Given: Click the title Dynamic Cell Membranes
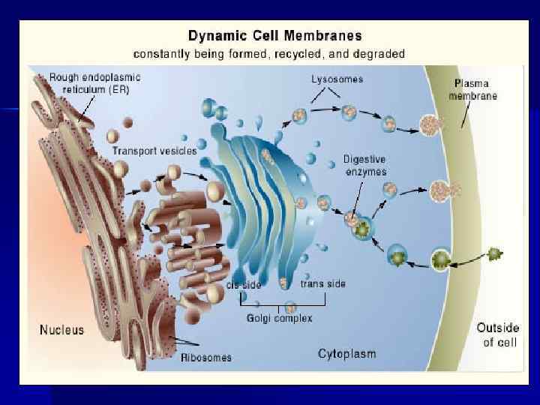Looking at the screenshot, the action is (274, 36).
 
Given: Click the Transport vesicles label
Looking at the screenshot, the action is (154, 151).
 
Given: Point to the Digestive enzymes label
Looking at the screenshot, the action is (365, 165).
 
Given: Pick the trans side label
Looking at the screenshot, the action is (323, 283).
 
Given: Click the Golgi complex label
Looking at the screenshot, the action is (280, 318).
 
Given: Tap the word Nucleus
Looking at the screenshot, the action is (61, 329).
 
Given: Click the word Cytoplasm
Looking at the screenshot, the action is (346, 353).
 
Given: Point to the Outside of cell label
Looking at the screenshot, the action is (496, 334).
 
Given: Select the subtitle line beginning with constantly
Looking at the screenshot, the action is (269, 54).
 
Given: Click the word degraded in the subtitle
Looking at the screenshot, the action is (380, 54).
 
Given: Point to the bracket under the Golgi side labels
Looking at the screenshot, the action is (282, 304).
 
